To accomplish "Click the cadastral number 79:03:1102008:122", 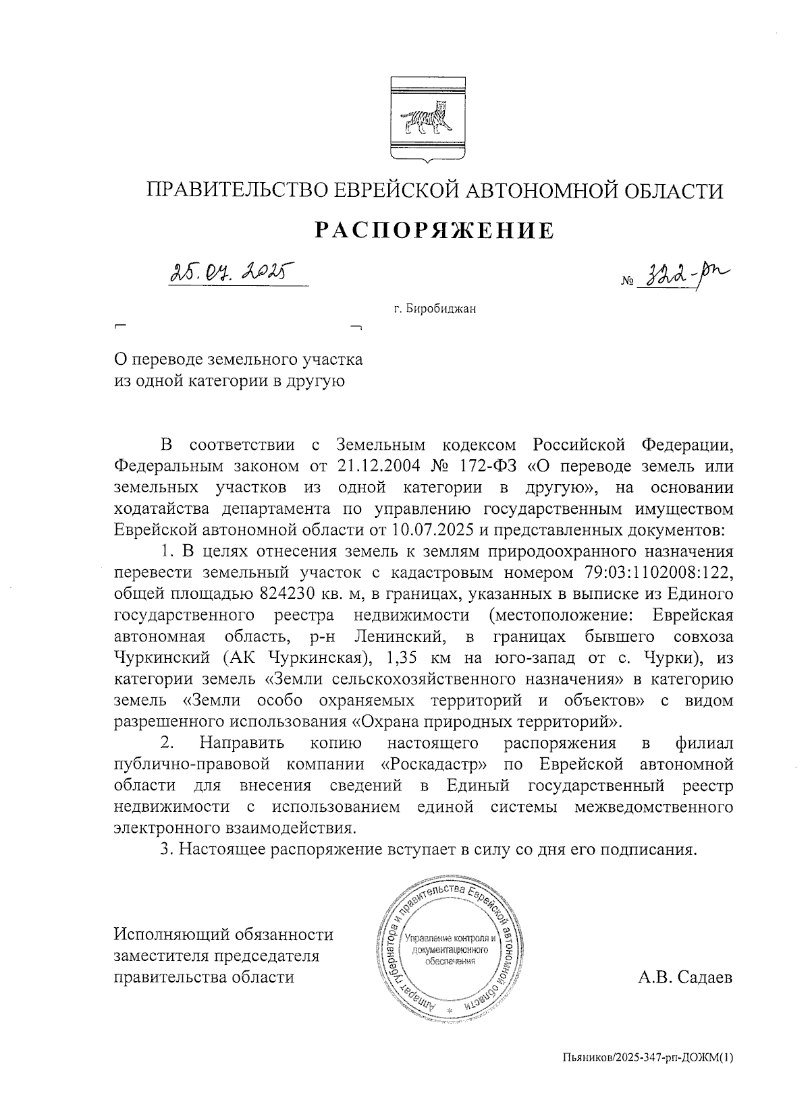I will (x=655, y=573).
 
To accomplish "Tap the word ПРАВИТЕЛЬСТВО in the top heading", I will (x=238, y=192).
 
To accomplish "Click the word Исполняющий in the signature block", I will (x=172, y=935).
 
